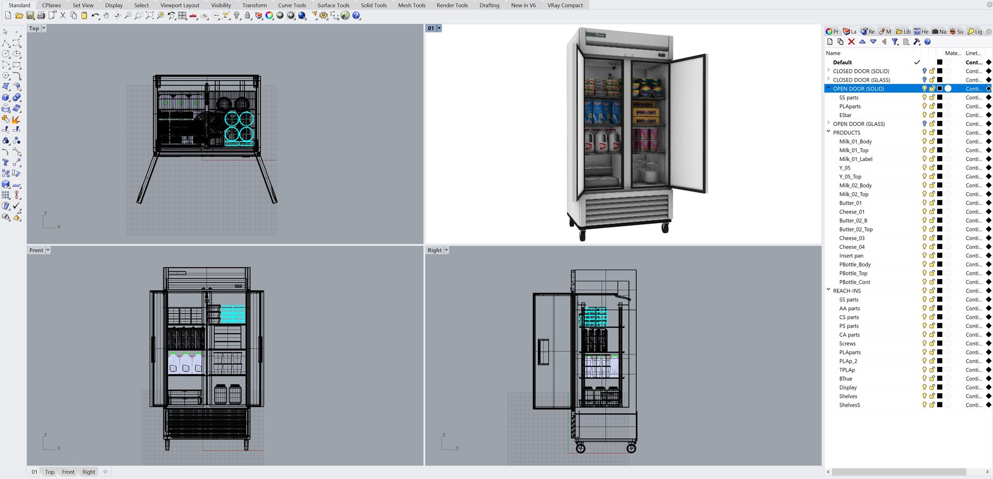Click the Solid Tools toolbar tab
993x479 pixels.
[x=373, y=5]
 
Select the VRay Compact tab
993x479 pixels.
[x=565, y=5]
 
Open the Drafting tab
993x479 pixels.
[x=489, y=5]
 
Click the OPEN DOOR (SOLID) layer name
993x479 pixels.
[x=858, y=89]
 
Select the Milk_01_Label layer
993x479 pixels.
[x=855, y=159]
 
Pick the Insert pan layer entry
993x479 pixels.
[x=851, y=256]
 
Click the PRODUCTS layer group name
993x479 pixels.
[x=846, y=133]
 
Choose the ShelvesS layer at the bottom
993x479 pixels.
[x=849, y=405]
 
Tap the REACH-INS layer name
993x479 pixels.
[x=847, y=291]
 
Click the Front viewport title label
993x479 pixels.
[x=36, y=250]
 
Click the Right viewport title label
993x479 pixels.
[x=434, y=250]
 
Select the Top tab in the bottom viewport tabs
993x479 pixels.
[x=50, y=472]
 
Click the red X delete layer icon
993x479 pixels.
[x=851, y=42]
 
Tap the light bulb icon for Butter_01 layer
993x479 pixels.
[x=924, y=203]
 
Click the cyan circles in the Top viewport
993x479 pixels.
[x=239, y=127]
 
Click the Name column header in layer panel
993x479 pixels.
[x=833, y=53]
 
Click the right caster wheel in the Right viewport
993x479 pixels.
[x=631, y=449]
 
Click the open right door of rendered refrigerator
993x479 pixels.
[x=688, y=124]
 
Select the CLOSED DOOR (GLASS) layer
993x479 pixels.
[x=861, y=80]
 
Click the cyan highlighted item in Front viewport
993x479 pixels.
[x=232, y=314]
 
